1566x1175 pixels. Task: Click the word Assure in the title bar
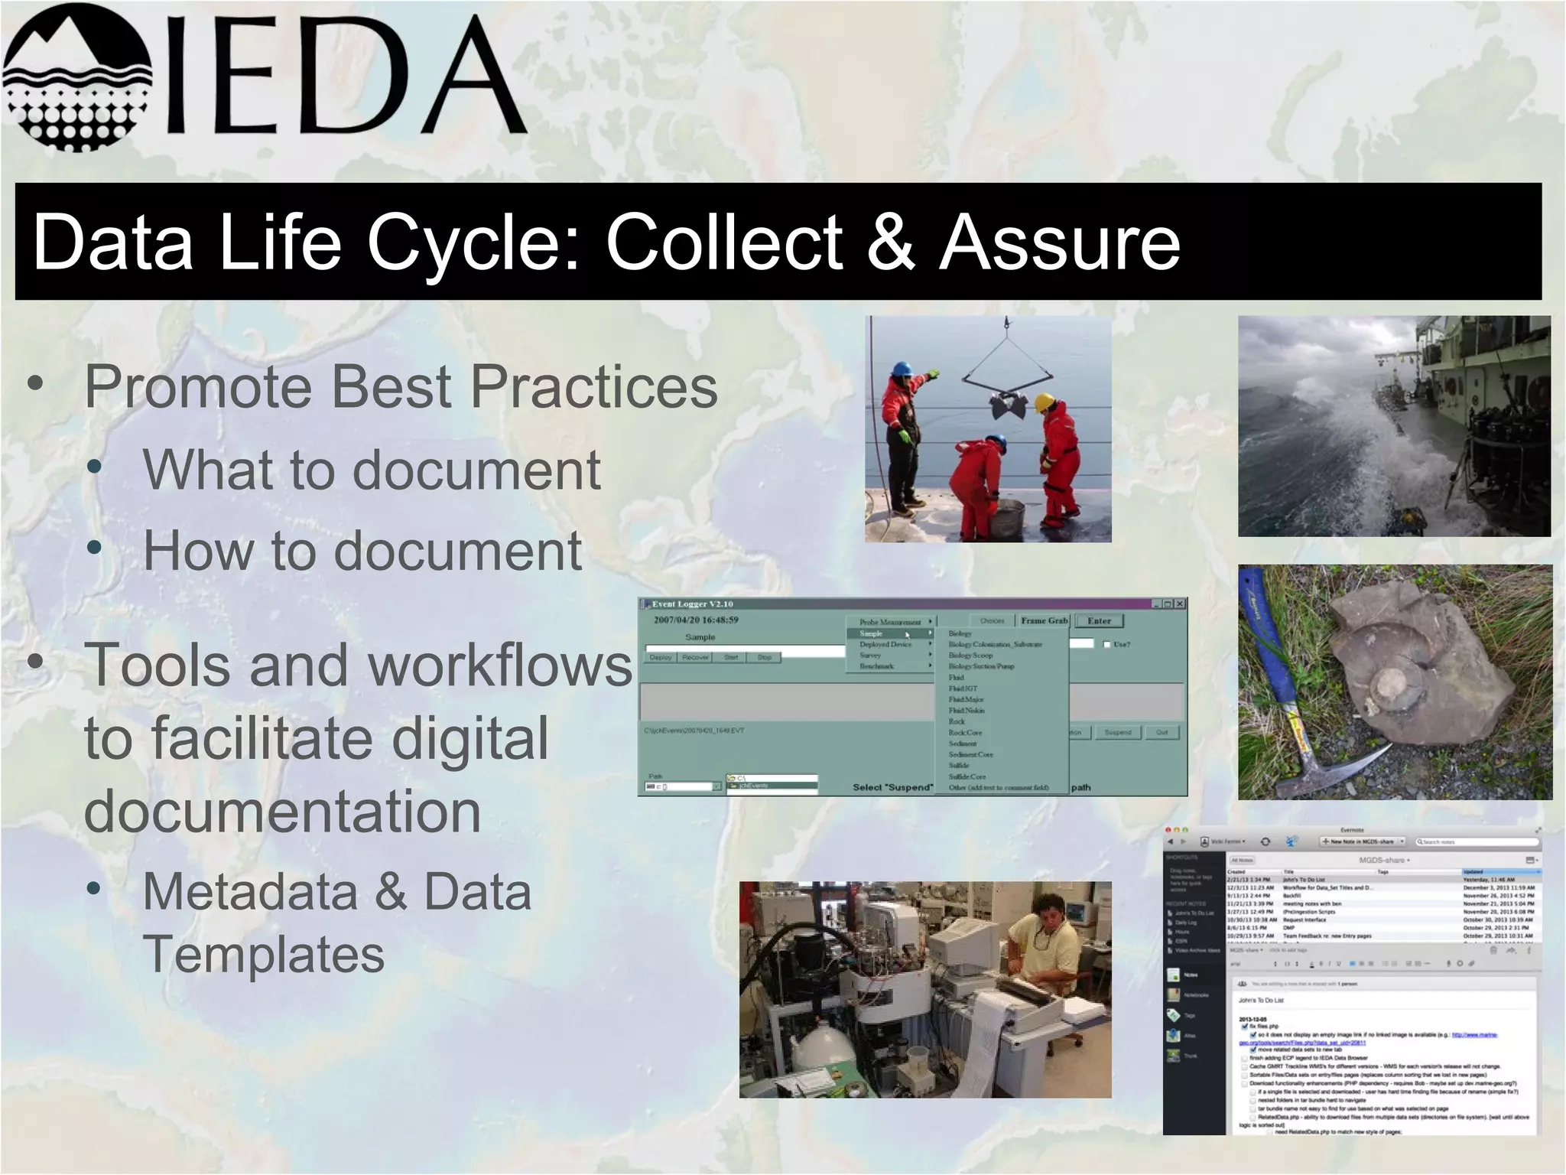[1060, 243]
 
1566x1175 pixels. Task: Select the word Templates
[263, 954]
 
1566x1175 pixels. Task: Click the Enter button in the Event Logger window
[1099, 621]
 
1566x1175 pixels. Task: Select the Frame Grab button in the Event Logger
[1043, 621]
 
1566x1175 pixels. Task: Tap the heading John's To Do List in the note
[1262, 1001]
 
